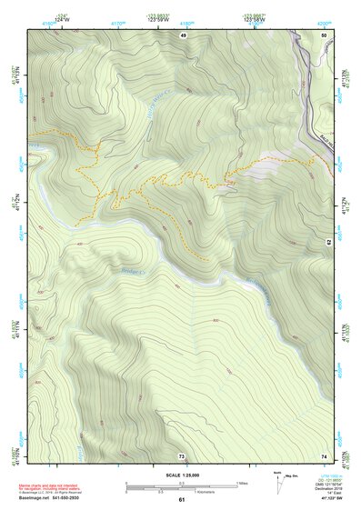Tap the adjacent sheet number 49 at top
(x=183, y=35)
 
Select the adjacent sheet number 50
(x=323, y=35)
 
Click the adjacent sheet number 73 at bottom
(x=182, y=455)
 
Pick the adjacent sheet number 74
(x=323, y=455)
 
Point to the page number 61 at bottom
(x=181, y=500)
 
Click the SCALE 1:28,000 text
(x=181, y=475)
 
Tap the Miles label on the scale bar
(x=242, y=482)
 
